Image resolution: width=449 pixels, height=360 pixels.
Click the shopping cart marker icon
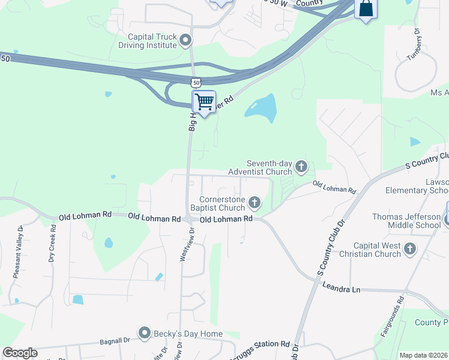tap(204, 102)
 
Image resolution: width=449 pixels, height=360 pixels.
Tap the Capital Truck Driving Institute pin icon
tap(185, 41)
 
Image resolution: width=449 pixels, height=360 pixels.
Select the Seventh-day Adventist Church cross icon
tap(301, 166)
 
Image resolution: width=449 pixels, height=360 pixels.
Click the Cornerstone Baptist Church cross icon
tap(255, 202)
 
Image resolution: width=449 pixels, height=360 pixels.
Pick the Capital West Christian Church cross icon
tap(410, 248)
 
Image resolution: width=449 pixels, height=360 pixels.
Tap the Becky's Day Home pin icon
tap(144, 332)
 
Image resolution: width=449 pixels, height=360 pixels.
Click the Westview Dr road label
tap(185, 244)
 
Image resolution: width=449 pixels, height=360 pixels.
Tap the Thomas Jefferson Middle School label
tap(406, 221)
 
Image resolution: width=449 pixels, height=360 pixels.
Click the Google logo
tap(20, 353)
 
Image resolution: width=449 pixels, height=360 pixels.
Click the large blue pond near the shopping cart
tap(262, 108)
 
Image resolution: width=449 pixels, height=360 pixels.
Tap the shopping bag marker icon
tap(365, 9)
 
